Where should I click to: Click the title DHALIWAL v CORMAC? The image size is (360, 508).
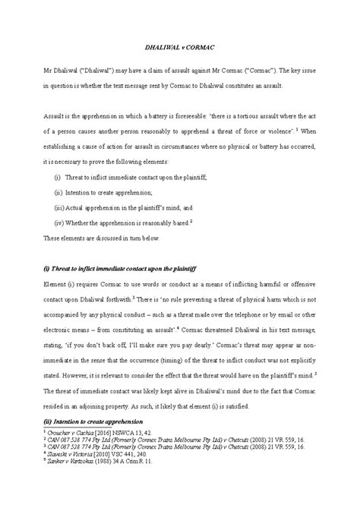180,46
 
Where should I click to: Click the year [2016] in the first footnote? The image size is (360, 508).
113,431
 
